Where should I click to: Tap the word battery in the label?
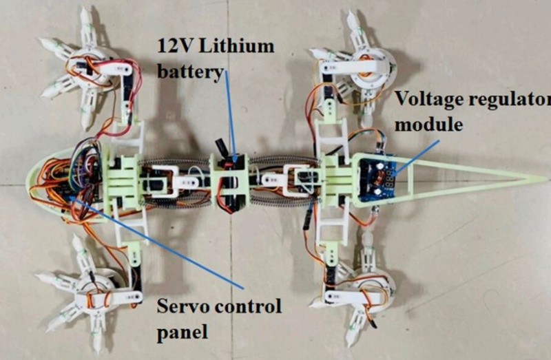[191, 71]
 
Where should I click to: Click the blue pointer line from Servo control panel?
[158, 241]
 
